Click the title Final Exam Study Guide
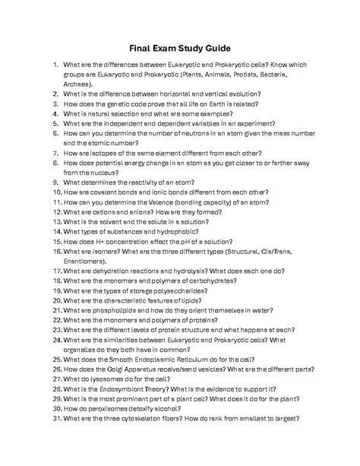(x=179, y=48)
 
